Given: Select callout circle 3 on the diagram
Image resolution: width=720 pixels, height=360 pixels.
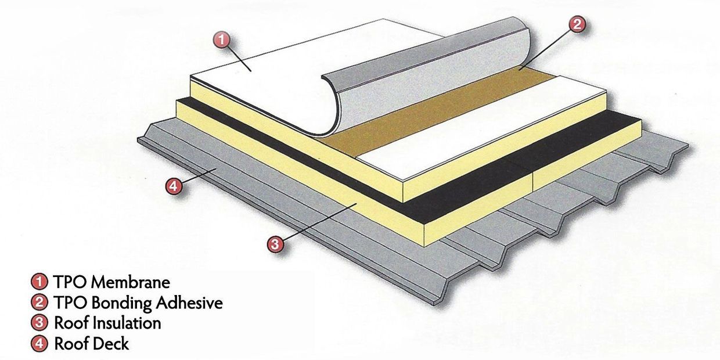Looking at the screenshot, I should point(276,244).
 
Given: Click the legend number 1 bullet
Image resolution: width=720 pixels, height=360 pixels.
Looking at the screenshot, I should point(39,283).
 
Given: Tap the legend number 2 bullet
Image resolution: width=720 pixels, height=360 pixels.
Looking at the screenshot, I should point(39,303).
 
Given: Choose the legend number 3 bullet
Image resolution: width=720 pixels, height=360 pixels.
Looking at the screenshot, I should point(39,323).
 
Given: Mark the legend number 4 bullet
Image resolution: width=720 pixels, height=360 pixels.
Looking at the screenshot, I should point(39,343).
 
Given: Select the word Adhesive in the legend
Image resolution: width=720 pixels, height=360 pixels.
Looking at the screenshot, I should point(189,303).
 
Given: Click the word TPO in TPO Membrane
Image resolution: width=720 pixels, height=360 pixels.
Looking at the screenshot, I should point(68,283).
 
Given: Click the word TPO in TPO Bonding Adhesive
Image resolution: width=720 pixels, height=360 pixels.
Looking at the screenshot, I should point(68,303).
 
